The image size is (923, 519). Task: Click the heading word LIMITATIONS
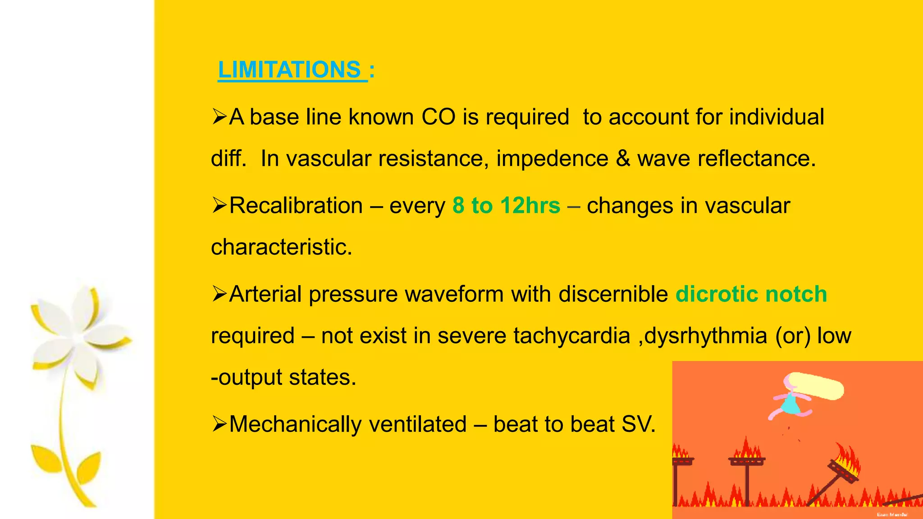pyautogui.click(x=289, y=70)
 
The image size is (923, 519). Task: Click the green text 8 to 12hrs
pyautogui.click(x=506, y=206)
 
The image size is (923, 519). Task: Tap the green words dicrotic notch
pyautogui.click(x=751, y=294)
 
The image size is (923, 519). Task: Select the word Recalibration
pyautogui.click(x=296, y=206)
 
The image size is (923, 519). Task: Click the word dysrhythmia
pyautogui.click(x=706, y=336)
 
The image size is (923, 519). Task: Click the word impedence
pyautogui.click(x=552, y=159)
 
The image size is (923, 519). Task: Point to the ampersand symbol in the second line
pyautogui.click(x=623, y=159)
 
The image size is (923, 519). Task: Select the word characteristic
pyautogui.click(x=281, y=247)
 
